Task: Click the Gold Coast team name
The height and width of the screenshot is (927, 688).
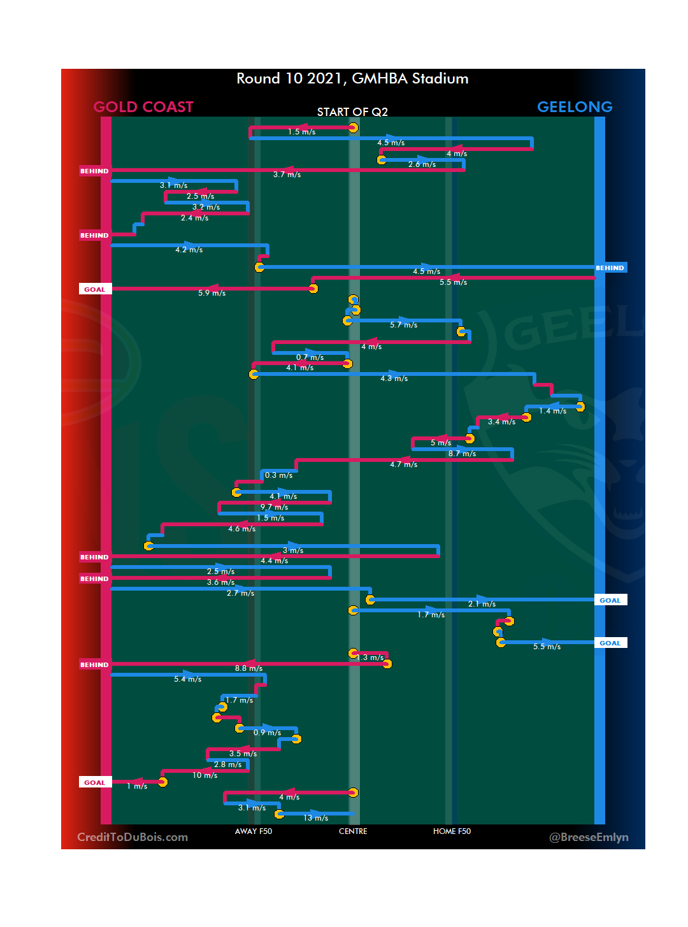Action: click(x=143, y=107)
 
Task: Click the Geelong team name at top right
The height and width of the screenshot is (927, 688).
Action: click(x=575, y=107)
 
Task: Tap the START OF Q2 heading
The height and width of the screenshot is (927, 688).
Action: click(x=352, y=112)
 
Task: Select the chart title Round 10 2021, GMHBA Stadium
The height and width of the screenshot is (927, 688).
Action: click(x=352, y=78)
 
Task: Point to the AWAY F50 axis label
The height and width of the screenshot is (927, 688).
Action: click(x=253, y=831)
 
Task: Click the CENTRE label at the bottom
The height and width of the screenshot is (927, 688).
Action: click(x=353, y=831)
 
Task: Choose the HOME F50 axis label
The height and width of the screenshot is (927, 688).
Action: click(x=452, y=831)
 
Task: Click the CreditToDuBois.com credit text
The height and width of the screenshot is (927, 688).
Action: click(x=133, y=837)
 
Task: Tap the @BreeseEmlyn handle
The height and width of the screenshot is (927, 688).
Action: click(x=589, y=837)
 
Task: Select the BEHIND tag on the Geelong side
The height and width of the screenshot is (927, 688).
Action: click(x=610, y=268)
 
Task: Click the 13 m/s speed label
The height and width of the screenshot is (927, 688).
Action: click(x=316, y=818)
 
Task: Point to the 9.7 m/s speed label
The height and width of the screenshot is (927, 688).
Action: click(x=275, y=508)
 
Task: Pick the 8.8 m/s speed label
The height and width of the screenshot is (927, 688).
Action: click(x=248, y=668)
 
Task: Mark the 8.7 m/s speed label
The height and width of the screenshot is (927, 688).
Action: click(x=462, y=454)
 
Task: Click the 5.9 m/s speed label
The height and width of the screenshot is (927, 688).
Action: click(x=211, y=293)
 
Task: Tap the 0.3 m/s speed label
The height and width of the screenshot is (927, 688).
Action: click(x=279, y=475)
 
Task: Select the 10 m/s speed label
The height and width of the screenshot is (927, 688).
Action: click(x=205, y=775)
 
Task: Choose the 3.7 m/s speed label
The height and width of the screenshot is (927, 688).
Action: click(x=287, y=175)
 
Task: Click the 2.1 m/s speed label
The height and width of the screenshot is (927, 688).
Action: click(x=482, y=604)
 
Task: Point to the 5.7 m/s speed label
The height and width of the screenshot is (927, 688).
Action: click(x=404, y=325)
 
